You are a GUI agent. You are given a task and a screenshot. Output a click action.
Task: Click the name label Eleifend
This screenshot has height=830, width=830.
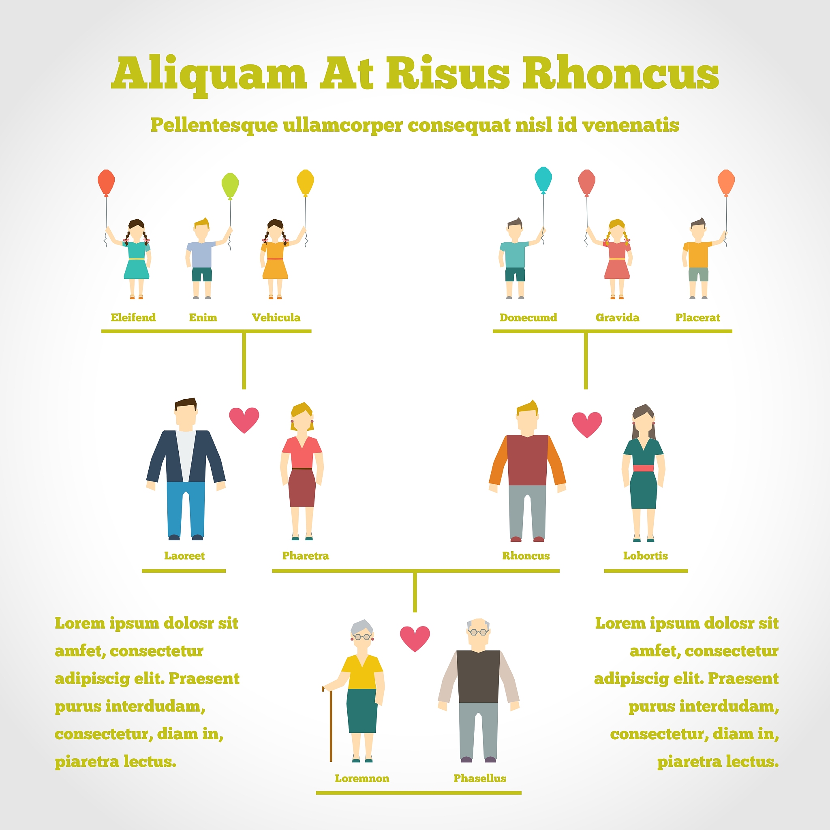click(133, 317)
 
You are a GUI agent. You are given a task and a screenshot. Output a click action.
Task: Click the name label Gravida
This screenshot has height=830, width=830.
click(617, 317)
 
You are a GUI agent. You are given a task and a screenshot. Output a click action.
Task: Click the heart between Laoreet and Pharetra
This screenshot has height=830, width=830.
click(244, 419)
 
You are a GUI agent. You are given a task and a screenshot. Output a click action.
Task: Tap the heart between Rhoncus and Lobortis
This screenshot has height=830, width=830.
click(587, 424)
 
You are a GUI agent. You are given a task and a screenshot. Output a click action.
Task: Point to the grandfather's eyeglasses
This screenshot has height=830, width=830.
click(478, 632)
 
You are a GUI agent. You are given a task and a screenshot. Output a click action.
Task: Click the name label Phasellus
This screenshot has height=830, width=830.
click(479, 779)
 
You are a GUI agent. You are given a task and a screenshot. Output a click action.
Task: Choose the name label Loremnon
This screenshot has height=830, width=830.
click(362, 779)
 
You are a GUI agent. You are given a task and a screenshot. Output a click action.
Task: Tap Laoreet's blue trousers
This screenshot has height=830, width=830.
click(186, 509)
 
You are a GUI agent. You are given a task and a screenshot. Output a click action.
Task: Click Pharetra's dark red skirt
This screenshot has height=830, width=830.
click(302, 488)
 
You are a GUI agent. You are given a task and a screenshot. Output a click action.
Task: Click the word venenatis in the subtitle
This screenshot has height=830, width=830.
click(630, 125)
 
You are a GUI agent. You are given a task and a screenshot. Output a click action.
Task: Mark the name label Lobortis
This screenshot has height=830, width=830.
click(645, 556)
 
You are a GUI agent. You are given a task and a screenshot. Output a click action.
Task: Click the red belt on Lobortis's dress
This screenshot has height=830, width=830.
click(643, 468)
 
